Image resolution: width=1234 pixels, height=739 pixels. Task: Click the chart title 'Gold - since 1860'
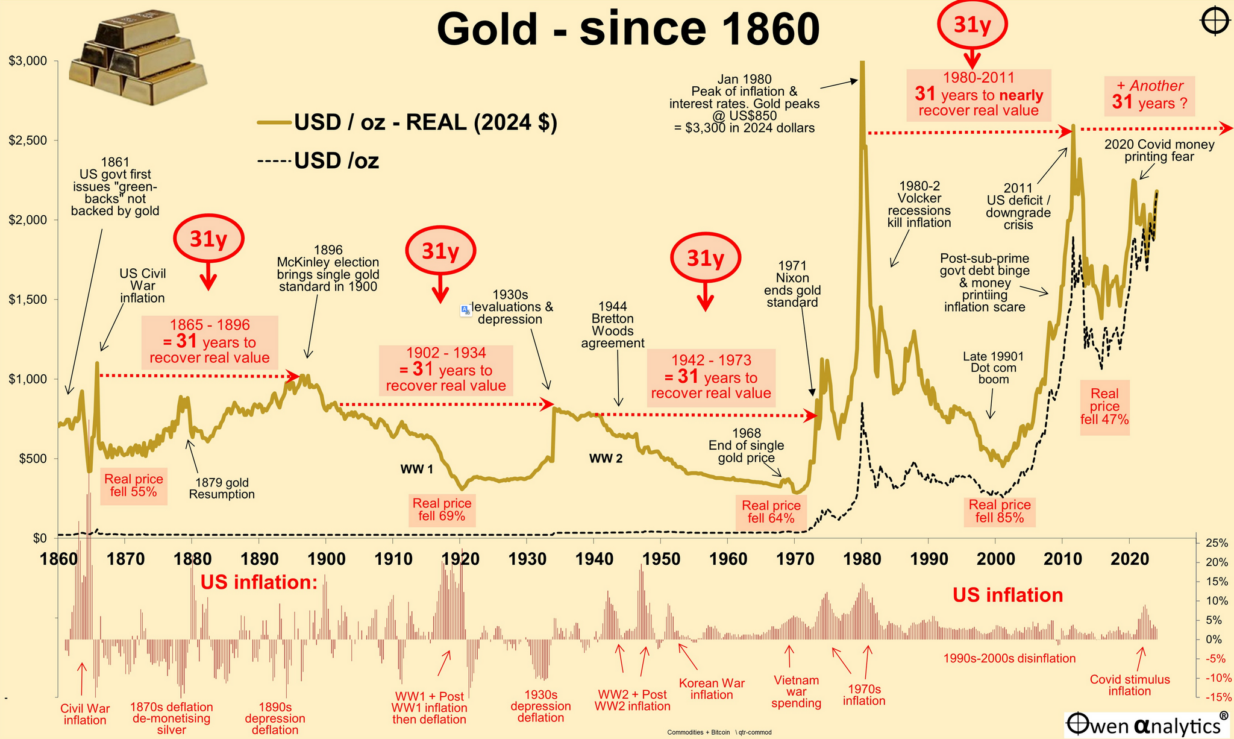coord(628,29)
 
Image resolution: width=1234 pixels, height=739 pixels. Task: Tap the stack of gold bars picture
coord(136,60)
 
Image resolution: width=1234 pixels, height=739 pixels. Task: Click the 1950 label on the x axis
coord(661,559)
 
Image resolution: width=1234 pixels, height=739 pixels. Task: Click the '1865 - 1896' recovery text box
coord(209,342)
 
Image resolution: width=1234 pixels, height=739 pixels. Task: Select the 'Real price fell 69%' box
coord(442,509)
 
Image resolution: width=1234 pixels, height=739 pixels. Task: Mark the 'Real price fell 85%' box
coord(999,511)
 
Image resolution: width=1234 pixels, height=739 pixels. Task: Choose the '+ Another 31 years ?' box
coord(1150,95)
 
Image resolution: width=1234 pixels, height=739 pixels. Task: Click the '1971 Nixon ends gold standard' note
coord(792,284)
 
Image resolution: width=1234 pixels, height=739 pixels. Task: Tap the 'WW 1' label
coord(416,468)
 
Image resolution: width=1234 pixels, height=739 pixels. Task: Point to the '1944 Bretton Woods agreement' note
coord(613,325)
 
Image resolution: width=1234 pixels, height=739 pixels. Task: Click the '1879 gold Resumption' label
coord(222,488)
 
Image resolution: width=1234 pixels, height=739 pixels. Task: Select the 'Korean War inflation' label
coord(712,689)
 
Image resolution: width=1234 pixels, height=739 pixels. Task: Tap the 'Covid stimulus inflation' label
coord(1130,685)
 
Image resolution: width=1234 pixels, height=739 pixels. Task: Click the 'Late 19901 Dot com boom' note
coord(993,368)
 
